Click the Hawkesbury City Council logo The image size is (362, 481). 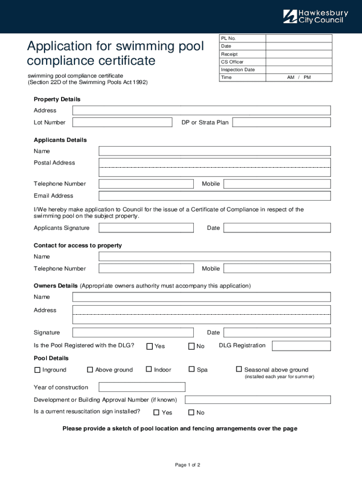click(315, 16)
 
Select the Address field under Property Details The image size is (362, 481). click(201, 110)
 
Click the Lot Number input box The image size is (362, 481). click(122, 122)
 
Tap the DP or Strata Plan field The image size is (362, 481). click(281, 122)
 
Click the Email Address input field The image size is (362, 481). click(214, 196)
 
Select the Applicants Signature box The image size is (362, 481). click(146, 228)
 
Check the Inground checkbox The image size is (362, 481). click(38, 370)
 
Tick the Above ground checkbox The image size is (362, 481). click(90, 370)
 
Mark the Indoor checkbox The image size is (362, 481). click(149, 370)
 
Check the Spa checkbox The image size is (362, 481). click(192, 370)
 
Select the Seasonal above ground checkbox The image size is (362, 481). click(239, 370)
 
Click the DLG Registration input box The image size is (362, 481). click(301, 346)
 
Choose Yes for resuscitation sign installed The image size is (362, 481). click(157, 413)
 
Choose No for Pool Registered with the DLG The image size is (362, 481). click(191, 346)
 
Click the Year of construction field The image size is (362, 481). click(142, 387)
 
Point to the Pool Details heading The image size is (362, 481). click(51, 358)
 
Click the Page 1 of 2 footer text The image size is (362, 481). click(188, 465)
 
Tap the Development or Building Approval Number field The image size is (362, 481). click(258, 400)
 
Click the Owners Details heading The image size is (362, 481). click(55, 286)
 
